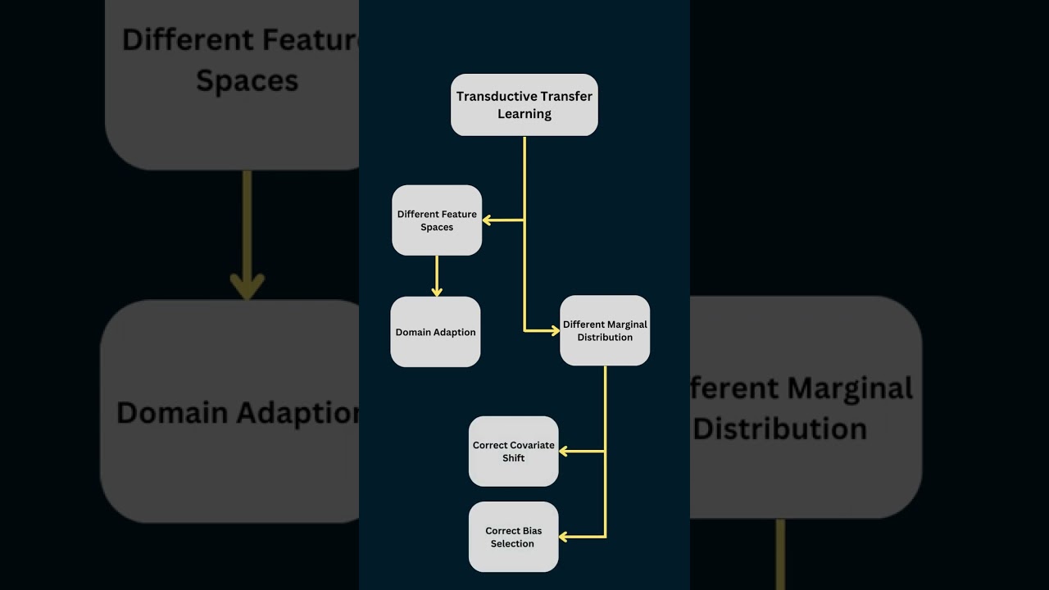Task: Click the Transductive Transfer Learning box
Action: [x=524, y=105]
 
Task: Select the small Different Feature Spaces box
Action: [x=437, y=220]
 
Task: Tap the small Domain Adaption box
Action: [x=435, y=332]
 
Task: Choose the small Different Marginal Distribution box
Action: [x=605, y=330]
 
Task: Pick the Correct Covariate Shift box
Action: [x=514, y=452]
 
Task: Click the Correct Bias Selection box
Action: [x=514, y=537]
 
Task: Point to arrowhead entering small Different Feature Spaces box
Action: [x=487, y=220]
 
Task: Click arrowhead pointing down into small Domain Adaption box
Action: [x=437, y=291]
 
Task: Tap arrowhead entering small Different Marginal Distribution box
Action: [x=554, y=330]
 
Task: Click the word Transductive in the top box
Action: [x=494, y=97]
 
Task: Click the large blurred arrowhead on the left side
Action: [x=247, y=285]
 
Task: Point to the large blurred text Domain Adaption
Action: [x=238, y=412]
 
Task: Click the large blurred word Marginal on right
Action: [x=849, y=388]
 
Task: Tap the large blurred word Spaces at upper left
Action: [x=247, y=80]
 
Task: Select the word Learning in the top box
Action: [x=524, y=114]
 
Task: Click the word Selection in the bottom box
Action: [x=512, y=543]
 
